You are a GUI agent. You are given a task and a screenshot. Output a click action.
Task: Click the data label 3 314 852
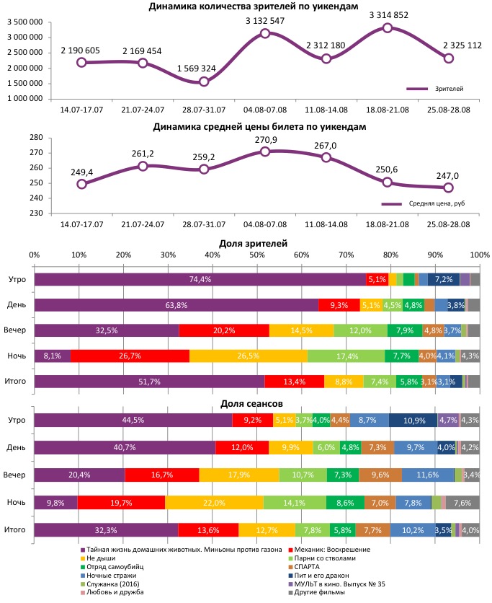(388, 14)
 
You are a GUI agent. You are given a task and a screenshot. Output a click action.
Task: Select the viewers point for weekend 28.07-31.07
(204, 82)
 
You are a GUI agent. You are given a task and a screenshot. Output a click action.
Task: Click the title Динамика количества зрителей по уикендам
(253, 6)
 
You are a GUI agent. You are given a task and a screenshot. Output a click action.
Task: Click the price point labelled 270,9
(265, 151)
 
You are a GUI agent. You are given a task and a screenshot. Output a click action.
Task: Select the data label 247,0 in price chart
(448, 175)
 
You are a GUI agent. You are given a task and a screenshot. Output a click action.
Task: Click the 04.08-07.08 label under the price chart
(265, 225)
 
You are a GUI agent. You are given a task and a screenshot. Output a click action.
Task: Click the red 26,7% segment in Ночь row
(130, 356)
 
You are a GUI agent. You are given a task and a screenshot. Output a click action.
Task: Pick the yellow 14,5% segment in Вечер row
(301, 330)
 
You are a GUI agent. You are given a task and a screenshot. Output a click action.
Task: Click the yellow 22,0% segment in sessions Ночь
(214, 503)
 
